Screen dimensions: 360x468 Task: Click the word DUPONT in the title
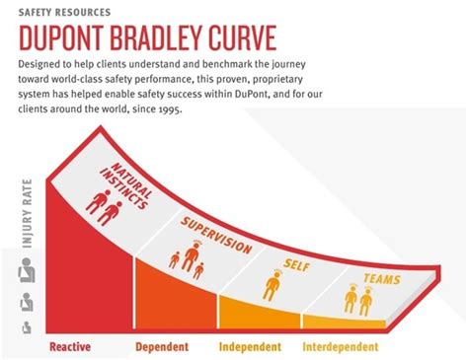75,37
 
